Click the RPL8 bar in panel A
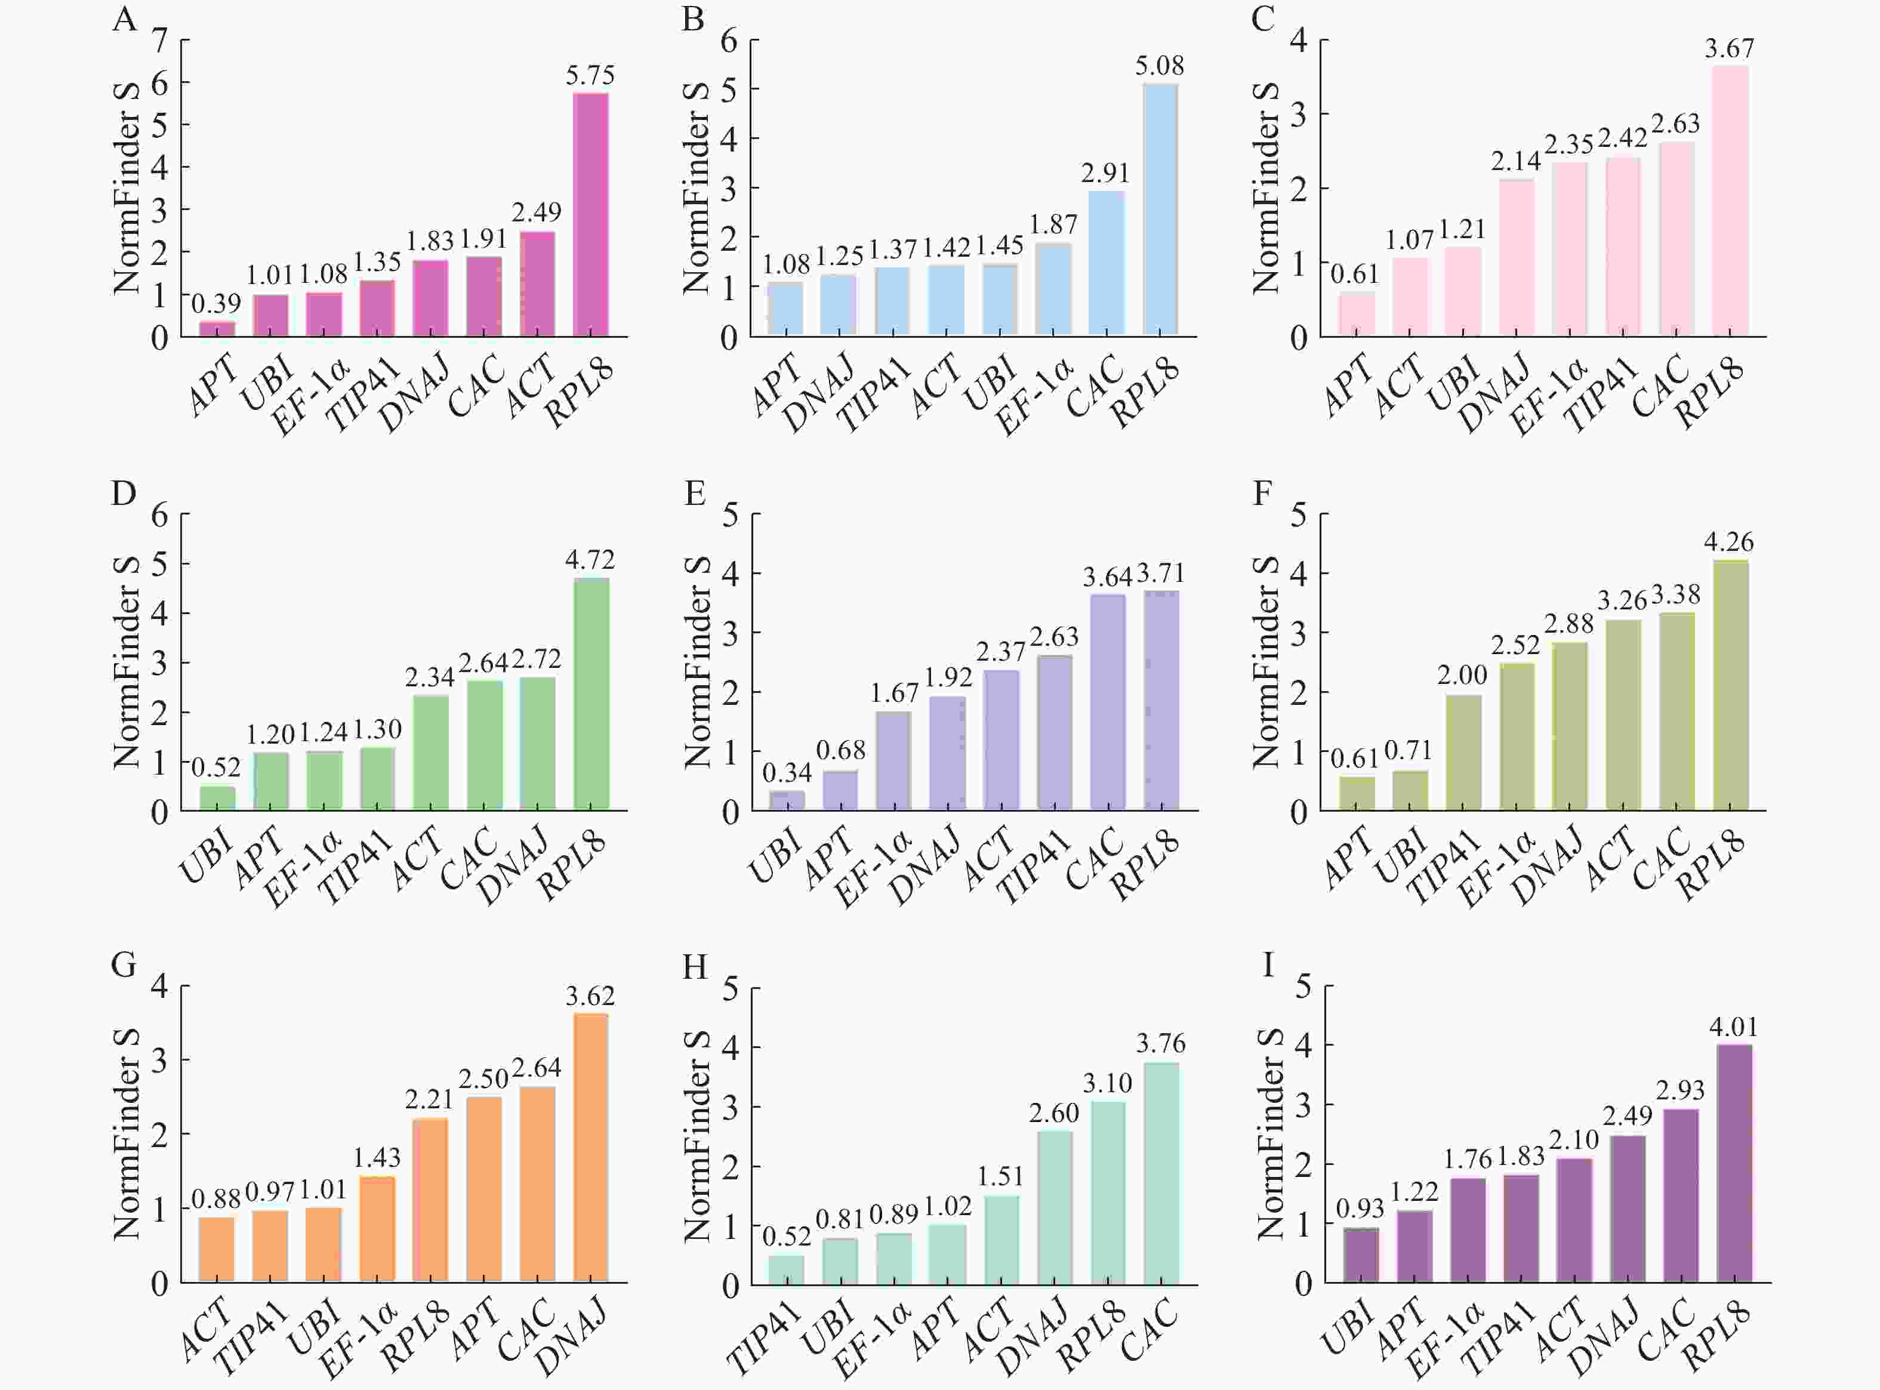click(590, 215)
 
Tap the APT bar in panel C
click(1356, 314)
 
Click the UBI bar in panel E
click(787, 800)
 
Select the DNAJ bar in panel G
click(590, 1148)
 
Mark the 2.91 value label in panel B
click(1105, 173)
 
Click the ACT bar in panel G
click(216, 1250)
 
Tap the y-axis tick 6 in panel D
click(160, 513)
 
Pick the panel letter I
click(1268, 964)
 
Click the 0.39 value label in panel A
click(216, 303)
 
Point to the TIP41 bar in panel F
click(1463, 752)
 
